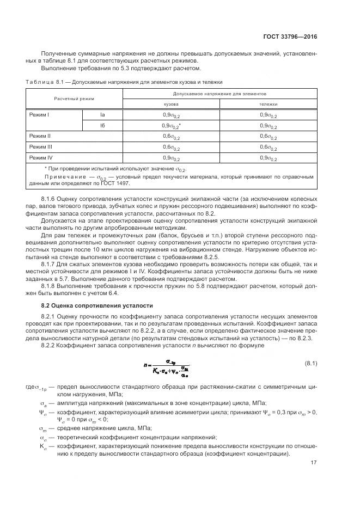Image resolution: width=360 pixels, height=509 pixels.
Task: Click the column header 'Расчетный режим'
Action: click(x=74, y=99)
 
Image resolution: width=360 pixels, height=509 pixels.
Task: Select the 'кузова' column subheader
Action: click(x=172, y=103)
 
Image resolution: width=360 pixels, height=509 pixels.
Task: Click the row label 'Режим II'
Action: click(x=39, y=136)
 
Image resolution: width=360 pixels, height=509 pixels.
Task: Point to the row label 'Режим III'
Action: click(x=40, y=147)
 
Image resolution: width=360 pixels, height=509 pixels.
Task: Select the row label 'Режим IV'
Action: click(x=40, y=158)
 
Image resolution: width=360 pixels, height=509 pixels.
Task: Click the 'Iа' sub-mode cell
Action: click(x=102, y=114)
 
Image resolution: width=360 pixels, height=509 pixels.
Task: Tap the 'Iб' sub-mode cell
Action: click(x=102, y=125)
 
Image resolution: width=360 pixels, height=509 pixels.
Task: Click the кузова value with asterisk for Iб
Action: click(x=172, y=125)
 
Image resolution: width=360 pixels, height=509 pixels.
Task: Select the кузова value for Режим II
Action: click(x=172, y=136)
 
